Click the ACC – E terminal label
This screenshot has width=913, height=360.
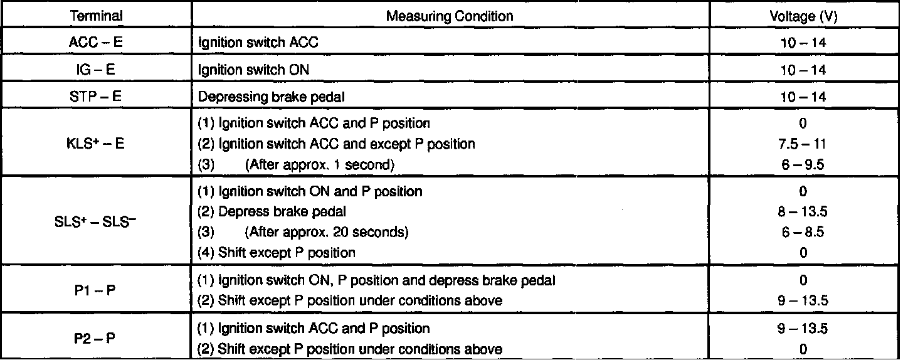click(97, 44)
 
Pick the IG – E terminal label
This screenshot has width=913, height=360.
click(97, 70)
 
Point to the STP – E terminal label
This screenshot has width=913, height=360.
click(97, 97)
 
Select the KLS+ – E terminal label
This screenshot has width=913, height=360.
click(97, 144)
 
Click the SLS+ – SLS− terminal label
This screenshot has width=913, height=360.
click(97, 221)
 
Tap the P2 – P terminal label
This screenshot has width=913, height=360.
click(97, 337)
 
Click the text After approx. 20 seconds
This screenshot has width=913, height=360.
click(327, 232)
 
